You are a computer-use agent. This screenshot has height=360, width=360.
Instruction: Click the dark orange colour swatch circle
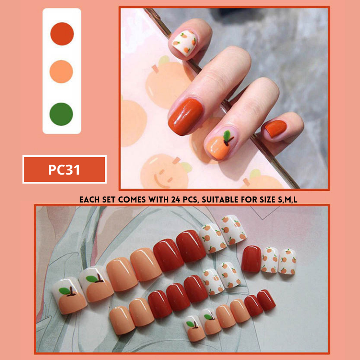(62, 34)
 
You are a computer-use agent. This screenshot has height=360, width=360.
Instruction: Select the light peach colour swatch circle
(61, 72)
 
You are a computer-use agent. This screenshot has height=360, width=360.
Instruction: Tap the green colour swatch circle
(61, 114)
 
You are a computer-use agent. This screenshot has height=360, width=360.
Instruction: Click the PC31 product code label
(64, 170)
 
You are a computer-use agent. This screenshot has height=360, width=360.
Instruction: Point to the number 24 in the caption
(176, 199)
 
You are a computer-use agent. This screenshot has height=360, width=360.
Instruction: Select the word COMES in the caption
(132, 199)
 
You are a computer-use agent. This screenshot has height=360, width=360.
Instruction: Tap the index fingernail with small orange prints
(184, 43)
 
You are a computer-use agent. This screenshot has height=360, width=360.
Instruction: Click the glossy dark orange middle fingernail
(185, 117)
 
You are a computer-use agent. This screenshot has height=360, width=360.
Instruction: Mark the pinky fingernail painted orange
(276, 128)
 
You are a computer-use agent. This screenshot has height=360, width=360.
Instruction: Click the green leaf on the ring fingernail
(227, 135)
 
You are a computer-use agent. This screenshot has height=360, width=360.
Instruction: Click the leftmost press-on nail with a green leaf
(70, 296)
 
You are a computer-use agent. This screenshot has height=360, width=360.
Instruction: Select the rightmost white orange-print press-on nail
(287, 261)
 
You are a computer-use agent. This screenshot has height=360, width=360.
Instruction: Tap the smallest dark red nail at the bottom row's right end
(266, 300)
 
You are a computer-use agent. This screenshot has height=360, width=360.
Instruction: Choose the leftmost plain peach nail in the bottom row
(121, 320)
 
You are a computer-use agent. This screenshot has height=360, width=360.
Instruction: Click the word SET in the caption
(108, 199)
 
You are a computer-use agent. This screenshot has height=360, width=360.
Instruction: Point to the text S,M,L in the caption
(288, 199)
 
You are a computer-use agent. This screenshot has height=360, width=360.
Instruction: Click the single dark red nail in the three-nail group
(251, 259)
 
